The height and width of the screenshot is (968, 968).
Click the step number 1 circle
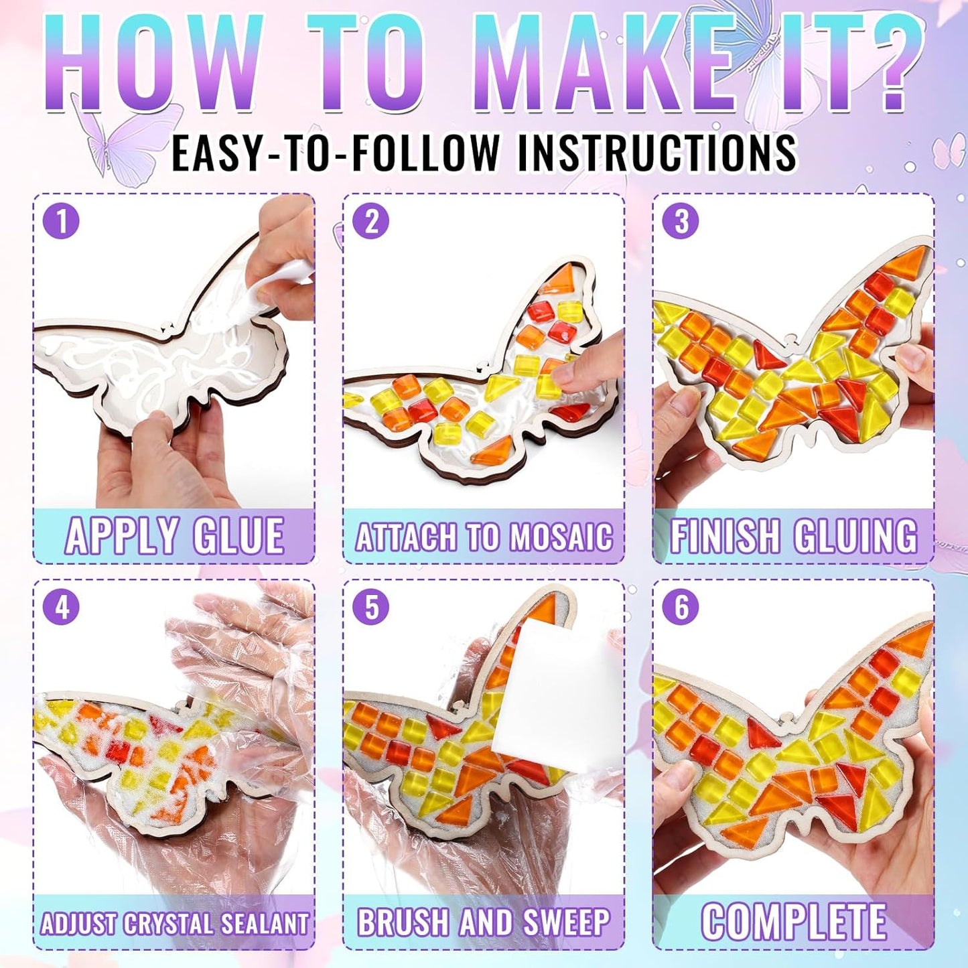point(62,221)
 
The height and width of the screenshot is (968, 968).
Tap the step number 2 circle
point(371,221)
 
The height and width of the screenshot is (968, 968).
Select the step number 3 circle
point(681,221)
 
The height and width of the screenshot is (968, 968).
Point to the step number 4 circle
point(62,607)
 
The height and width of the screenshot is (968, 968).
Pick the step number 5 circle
point(371,607)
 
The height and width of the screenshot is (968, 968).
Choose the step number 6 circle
point(681,607)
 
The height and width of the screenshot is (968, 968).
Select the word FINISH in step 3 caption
point(725,536)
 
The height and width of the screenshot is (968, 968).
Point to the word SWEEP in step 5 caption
point(566,922)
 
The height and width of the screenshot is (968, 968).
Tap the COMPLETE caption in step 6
point(794,922)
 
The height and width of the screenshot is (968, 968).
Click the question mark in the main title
point(888,64)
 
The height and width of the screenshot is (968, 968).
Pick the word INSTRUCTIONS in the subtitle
point(656,153)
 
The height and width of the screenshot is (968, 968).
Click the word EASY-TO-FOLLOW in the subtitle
point(335,153)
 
